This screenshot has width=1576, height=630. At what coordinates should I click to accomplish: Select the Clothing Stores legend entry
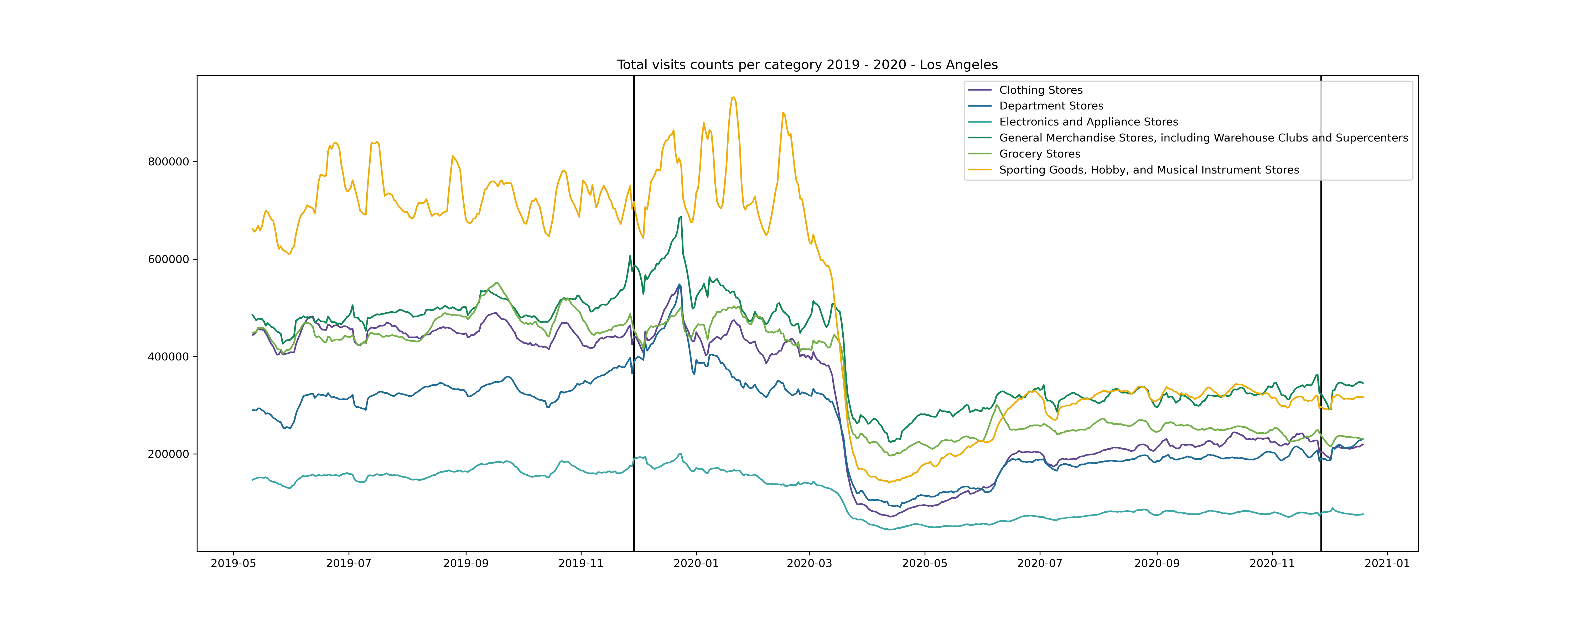[x=1040, y=90]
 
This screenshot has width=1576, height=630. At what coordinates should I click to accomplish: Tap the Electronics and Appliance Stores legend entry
[x=1088, y=122]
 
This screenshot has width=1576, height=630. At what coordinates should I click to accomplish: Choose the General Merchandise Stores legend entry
[x=1203, y=138]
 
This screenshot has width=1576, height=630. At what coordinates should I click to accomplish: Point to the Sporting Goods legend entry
[x=1148, y=169]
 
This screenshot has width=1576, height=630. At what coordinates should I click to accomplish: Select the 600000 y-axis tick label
[x=168, y=259]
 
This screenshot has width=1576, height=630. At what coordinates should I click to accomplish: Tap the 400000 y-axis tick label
[x=168, y=356]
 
